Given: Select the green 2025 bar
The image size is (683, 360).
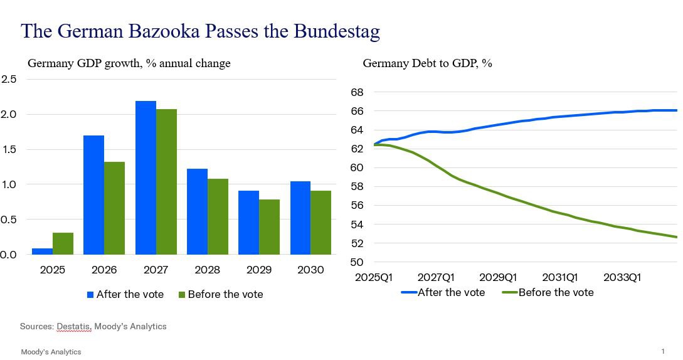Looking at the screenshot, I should [x=63, y=243].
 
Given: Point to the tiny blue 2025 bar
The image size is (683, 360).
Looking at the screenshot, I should [x=42, y=251].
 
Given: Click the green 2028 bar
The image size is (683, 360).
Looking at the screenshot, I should [x=218, y=216].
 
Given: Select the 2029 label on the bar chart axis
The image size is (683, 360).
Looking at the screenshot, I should [x=259, y=270].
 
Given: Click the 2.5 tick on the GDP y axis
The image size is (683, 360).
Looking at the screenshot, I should [x=9, y=79].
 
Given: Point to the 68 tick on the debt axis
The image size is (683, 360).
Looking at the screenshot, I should [x=357, y=92].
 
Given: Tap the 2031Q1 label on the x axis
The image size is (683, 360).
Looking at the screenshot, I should [x=560, y=277].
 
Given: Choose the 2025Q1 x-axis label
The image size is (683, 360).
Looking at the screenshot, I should [x=374, y=277].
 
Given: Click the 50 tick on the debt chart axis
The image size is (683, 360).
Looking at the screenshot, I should [x=357, y=262].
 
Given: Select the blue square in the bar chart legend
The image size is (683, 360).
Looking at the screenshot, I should [x=90, y=294].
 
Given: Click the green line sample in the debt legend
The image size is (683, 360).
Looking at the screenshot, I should [x=509, y=293].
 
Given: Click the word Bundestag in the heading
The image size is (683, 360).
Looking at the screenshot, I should [x=336, y=31].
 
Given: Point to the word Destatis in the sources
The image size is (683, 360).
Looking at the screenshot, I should [x=74, y=326].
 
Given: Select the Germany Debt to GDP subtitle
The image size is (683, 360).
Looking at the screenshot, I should [x=427, y=63].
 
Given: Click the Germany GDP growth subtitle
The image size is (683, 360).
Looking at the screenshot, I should [x=129, y=63].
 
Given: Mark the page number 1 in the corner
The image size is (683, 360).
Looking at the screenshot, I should [x=663, y=351].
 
